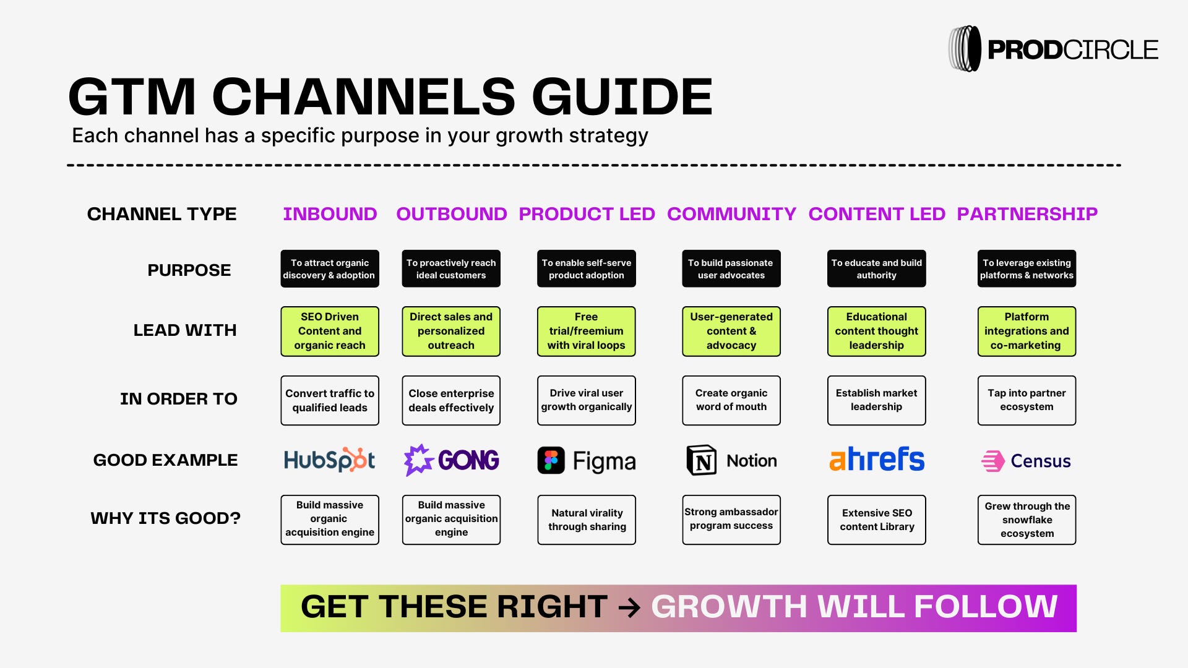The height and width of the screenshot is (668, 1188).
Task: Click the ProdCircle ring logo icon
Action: click(965, 49)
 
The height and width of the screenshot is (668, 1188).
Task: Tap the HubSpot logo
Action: click(329, 460)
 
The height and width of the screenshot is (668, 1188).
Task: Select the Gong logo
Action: click(451, 460)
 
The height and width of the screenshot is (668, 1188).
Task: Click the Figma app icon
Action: click(551, 461)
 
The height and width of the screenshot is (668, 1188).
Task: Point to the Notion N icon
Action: click(702, 460)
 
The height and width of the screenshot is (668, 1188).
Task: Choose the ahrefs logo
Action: click(877, 460)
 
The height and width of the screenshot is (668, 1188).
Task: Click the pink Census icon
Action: click(993, 461)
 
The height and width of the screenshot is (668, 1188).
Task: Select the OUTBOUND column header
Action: click(451, 214)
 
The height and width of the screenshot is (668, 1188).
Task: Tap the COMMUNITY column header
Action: click(731, 214)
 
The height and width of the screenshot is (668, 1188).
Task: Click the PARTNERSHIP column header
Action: click(1027, 214)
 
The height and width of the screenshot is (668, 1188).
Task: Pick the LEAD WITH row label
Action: click(185, 330)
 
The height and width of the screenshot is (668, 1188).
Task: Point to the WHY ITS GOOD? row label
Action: click(165, 518)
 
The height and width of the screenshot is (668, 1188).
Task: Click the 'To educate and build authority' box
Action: click(876, 269)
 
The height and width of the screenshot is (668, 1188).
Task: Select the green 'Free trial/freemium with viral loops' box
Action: click(586, 332)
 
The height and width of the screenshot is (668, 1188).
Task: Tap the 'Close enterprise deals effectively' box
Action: click(451, 401)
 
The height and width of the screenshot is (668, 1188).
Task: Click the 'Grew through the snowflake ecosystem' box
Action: click(1027, 520)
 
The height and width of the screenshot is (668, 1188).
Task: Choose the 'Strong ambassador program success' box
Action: click(731, 520)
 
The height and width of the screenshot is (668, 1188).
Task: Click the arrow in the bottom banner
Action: click(629, 607)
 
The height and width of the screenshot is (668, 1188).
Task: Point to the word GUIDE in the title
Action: click(622, 97)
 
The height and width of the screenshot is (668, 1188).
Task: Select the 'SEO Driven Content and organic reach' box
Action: click(329, 332)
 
